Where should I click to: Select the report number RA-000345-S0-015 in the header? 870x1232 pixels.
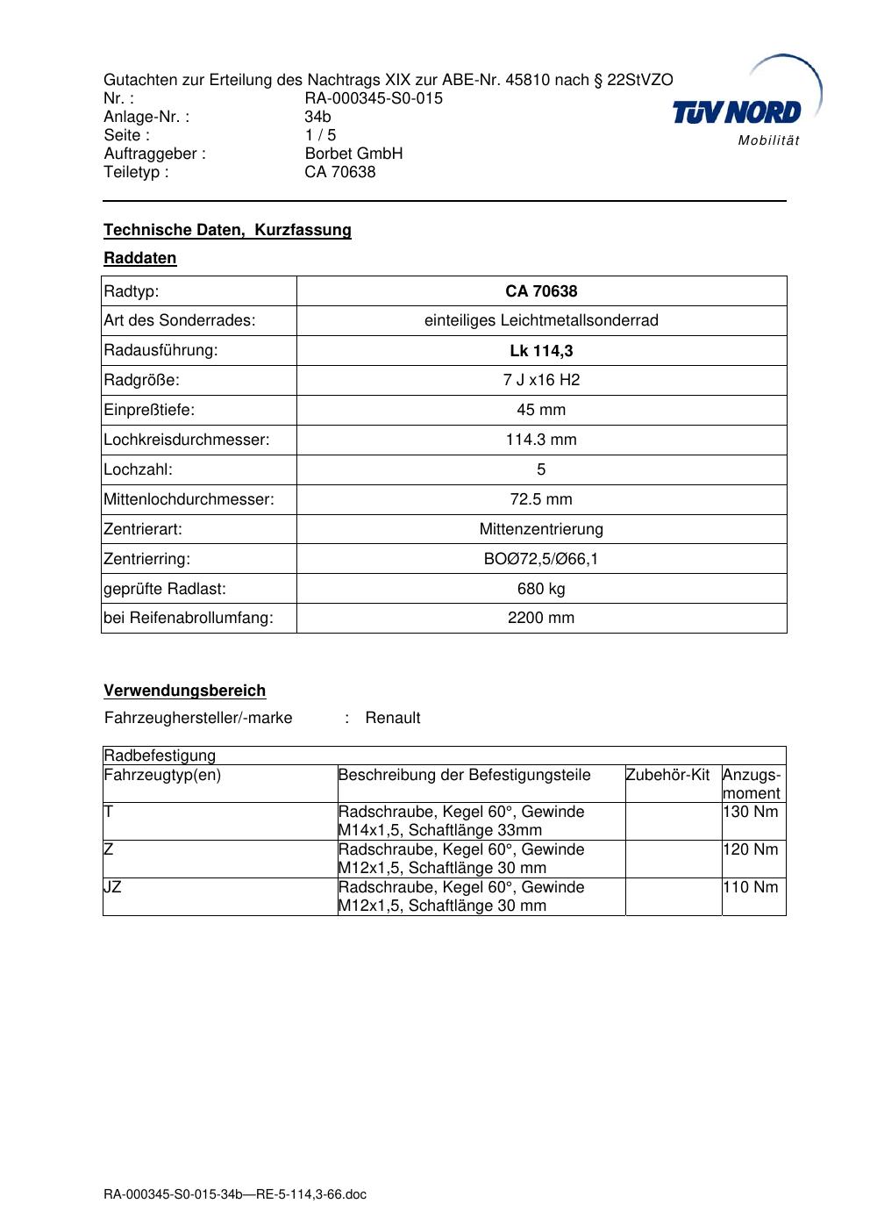pos(374,98)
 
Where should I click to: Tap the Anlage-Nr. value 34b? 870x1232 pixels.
pos(317,117)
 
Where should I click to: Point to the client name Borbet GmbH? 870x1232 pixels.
pos(353,154)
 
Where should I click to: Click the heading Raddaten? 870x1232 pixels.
pos(140,258)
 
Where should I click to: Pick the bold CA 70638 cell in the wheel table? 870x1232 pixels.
pos(541,291)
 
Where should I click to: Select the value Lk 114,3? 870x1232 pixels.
pos(541,351)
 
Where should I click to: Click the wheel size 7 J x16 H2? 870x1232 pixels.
pos(541,380)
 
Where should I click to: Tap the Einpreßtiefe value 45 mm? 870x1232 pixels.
pos(541,410)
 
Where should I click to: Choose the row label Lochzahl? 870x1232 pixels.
pos(139,469)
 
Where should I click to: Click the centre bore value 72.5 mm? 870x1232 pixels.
pos(541,499)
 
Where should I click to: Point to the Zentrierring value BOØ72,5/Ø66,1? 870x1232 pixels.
pos(541,559)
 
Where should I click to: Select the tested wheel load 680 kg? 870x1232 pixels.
pos(541,589)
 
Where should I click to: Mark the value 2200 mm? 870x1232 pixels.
pos(541,618)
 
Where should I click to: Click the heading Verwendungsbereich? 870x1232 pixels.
pos(184,691)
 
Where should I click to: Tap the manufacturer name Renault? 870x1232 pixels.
pos(392,718)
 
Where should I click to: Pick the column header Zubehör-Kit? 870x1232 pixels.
pos(667,775)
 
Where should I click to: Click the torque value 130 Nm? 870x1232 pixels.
pos(751,812)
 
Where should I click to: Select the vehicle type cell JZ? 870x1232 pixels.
pos(113,887)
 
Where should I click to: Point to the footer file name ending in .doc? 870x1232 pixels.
pos(235,1195)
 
